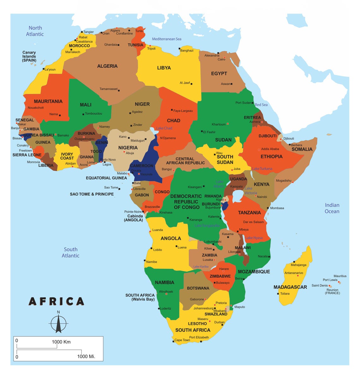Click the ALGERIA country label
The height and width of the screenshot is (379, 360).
point(107,66)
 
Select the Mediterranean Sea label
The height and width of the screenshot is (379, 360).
point(166,39)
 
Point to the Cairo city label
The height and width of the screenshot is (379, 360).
point(221,59)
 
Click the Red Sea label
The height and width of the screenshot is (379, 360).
point(261,105)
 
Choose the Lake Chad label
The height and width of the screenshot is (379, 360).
point(164,128)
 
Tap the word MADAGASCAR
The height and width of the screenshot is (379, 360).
point(290,287)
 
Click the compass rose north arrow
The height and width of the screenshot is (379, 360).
point(58,323)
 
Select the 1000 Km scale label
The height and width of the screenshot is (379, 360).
point(61,342)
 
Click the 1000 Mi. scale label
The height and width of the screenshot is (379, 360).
point(86,356)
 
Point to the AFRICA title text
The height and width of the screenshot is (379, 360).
point(57,301)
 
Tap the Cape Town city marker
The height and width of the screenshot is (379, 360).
point(173,341)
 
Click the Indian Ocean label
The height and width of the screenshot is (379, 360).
point(332,208)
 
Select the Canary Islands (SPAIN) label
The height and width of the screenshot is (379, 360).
point(29,56)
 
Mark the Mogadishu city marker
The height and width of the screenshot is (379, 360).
point(293,182)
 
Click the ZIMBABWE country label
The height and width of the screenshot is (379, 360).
point(220,276)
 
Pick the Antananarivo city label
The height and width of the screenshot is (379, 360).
point(294,273)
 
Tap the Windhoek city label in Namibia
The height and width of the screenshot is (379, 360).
point(166,291)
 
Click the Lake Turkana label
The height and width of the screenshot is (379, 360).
point(262,168)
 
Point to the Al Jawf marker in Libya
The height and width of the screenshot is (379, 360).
point(191,84)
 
